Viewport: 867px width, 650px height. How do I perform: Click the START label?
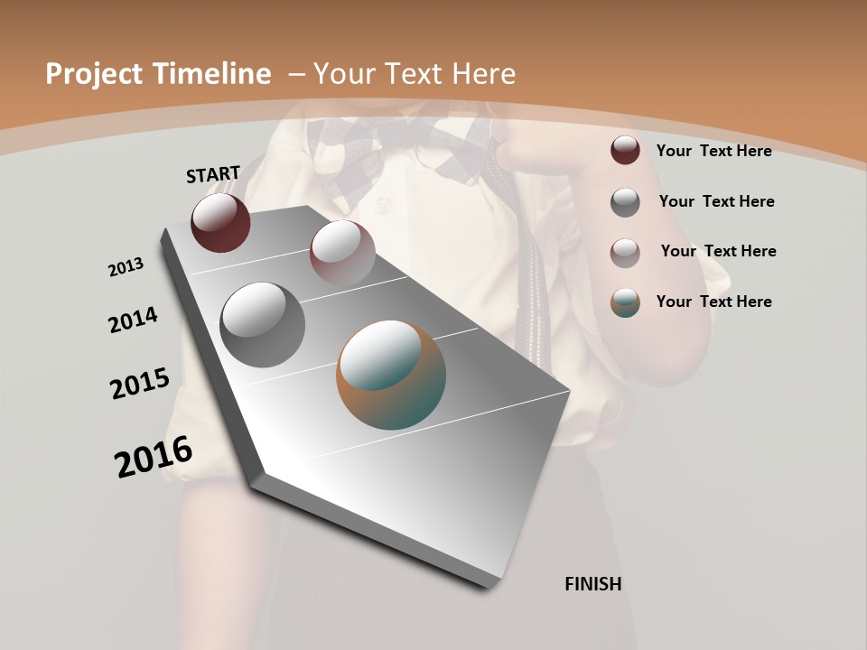(x=213, y=174)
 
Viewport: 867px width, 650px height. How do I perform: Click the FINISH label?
(x=593, y=584)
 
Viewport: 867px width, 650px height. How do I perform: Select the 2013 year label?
(x=126, y=267)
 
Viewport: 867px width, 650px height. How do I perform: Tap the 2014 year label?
(x=134, y=320)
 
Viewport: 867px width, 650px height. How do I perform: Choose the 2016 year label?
(x=154, y=457)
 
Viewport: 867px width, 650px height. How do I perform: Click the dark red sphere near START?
(x=220, y=222)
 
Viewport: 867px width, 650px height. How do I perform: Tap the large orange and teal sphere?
(x=391, y=375)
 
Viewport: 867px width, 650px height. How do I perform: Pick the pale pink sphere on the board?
(x=342, y=252)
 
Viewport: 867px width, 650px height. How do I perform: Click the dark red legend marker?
(x=625, y=150)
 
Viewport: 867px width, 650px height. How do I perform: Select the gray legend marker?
(x=625, y=202)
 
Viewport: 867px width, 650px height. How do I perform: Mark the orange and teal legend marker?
(x=625, y=302)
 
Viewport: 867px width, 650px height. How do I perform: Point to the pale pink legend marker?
(x=625, y=253)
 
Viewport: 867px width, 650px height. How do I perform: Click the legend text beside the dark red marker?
(x=713, y=151)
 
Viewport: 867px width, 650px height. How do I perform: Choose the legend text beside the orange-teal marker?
(x=713, y=302)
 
